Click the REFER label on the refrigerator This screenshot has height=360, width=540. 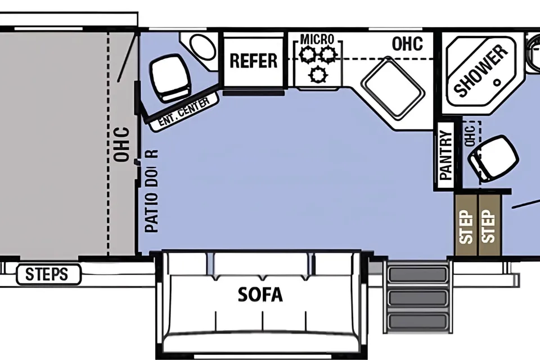coord(254,61)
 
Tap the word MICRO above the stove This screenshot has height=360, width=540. coord(317,39)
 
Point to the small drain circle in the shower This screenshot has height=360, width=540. coord(497,83)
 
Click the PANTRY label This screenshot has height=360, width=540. coord(446,155)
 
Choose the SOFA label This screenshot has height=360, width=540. coord(260,295)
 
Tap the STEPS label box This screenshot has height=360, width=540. coord(48,274)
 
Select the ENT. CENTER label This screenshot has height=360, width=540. coord(184,111)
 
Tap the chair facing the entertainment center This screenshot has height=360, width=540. coord(171,78)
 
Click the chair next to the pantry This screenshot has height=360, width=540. coord(493,158)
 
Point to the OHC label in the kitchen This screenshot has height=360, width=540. coord(407,44)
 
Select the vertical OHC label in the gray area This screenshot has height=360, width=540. coord(122,145)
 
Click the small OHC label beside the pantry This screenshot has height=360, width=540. coord(470,136)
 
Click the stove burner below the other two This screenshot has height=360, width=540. coord(318,74)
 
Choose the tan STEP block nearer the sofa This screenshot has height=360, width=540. coord(466,226)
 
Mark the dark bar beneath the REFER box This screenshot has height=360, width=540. coord(254,93)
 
